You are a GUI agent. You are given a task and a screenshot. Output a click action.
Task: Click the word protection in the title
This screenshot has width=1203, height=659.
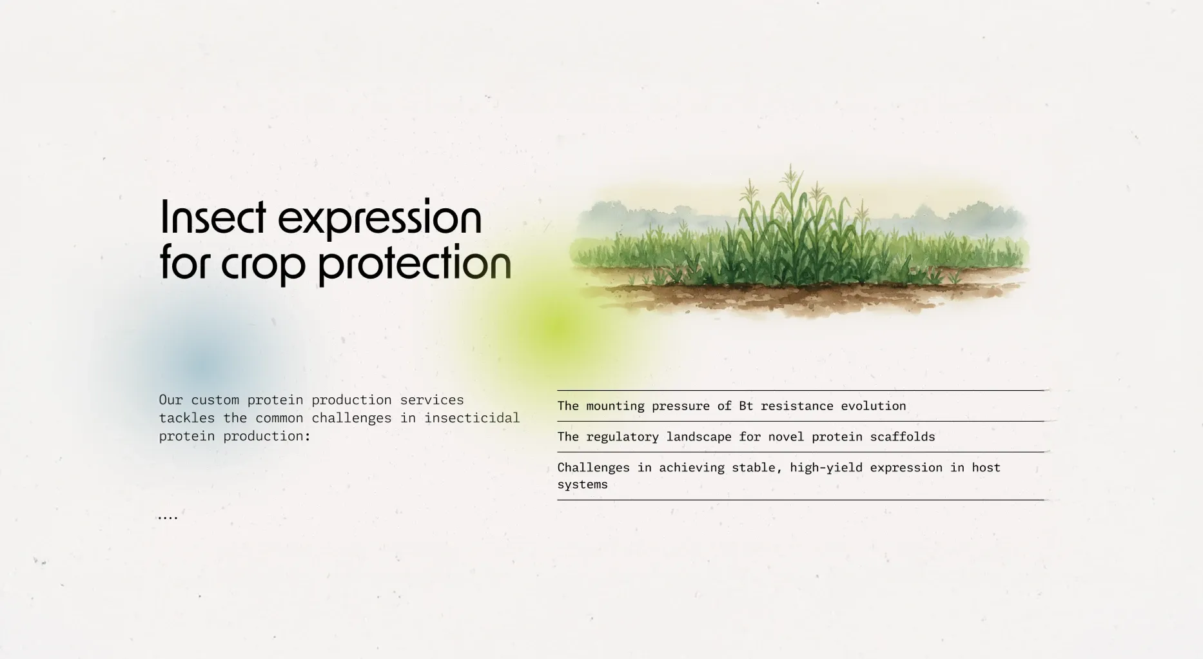[415, 263]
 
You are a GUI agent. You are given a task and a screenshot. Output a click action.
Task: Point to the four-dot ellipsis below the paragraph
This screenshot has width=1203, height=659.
[168, 517]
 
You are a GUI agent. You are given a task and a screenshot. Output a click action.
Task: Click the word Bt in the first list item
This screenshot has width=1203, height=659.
[746, 406]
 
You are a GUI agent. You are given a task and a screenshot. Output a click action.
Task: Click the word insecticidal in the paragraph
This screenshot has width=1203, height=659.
[472, 418]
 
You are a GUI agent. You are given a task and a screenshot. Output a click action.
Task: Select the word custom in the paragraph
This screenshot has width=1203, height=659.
[215, 400]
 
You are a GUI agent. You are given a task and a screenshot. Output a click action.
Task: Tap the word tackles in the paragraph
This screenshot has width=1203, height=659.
[187, 418]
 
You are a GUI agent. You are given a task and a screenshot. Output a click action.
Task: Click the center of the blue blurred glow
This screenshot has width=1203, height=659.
[201, 365]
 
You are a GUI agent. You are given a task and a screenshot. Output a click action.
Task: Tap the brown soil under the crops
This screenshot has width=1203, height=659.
[799, 297]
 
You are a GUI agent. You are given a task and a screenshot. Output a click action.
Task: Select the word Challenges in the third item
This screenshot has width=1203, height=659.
[593, 467]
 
